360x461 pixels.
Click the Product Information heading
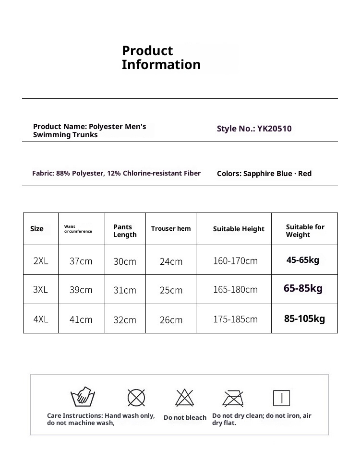click(x=161, y=58)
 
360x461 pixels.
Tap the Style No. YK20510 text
click(x=254, y=129)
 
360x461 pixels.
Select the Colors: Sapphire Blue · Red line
click(x=264, y=174)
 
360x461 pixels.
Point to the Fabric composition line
click(x=116, y=173)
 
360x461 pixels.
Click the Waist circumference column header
click(x=78, y=229)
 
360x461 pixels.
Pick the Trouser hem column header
click(x=171, y=229)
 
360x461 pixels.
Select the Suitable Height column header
click(x=239, y=229)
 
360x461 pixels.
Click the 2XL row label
click(x=41, y=261)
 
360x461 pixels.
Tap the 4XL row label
click(x=41, y=319)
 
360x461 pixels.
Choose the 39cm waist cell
click(x=81, y=290)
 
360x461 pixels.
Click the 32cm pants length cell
click(x=125, y=319)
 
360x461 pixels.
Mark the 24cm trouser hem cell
click(x=171, y=261)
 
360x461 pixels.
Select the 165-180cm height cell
click(x=235, y=290)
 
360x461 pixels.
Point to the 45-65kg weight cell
click(x=303, y=260)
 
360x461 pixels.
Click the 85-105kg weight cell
click(x=304, y=318)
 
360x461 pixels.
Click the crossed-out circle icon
click(x=136, y=398)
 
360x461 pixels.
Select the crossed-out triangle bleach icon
click(x=184, y=398)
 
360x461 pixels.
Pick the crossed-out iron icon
click(x=233, y=398)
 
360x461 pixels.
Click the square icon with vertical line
click(x=281, y=398)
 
